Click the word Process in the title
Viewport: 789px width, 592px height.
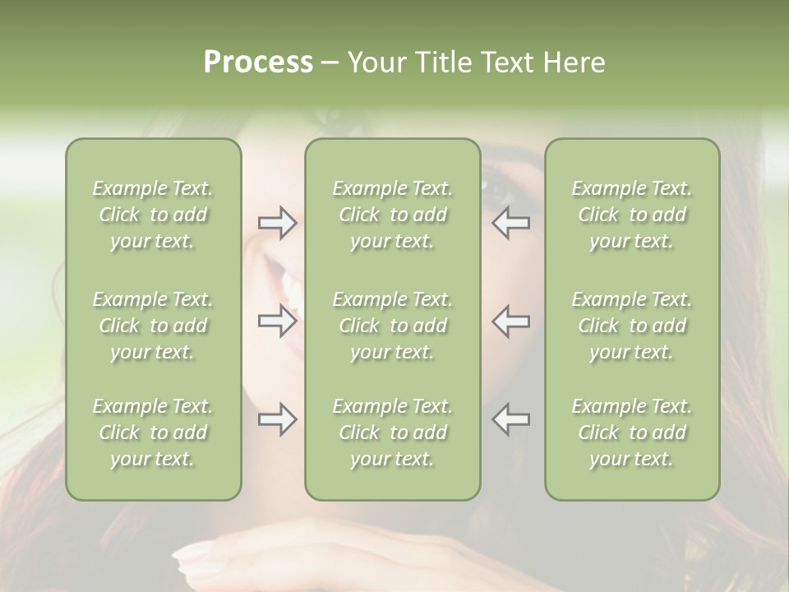click(x=258, y=62)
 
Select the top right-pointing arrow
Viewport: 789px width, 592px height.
click(x=278, y=223)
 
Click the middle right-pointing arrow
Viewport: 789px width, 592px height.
click(x=278, y=321)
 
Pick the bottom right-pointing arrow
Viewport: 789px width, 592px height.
click(x=278, y=419)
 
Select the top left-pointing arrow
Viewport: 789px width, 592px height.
click(x=510, y=223)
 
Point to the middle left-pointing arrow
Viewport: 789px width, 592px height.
click(x=510, y=321)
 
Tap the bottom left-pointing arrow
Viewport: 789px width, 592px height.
click(x=510, y=419)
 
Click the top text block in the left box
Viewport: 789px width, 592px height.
click(x=153, y=215)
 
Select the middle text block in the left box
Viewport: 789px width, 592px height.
click(x=153, y=326)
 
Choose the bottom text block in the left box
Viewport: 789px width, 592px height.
click(x=153, y=432)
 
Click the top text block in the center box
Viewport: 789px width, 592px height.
click(x=392, y=215)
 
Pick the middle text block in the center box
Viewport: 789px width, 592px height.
click(x=392, y=326)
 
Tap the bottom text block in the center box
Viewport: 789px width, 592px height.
click(x=392, y=432)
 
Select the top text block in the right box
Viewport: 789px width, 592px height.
click(x=631, y=215)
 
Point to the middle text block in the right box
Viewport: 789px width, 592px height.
click(x=631, y=326)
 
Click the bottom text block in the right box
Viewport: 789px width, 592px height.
click(x=631, y=432)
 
